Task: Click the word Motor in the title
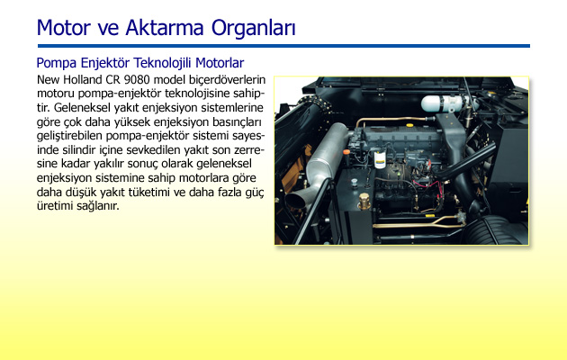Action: tap(63, 28)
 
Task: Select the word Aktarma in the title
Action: tap(165, 28)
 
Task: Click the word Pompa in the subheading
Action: tap(57, 63)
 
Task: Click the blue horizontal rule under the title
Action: tap(283, 46)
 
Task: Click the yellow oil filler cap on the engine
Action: tap(409, 125)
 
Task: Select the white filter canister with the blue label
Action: tap(380, 159)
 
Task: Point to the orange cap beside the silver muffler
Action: tap(346, 152)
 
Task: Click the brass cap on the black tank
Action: tap(364, 201)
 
